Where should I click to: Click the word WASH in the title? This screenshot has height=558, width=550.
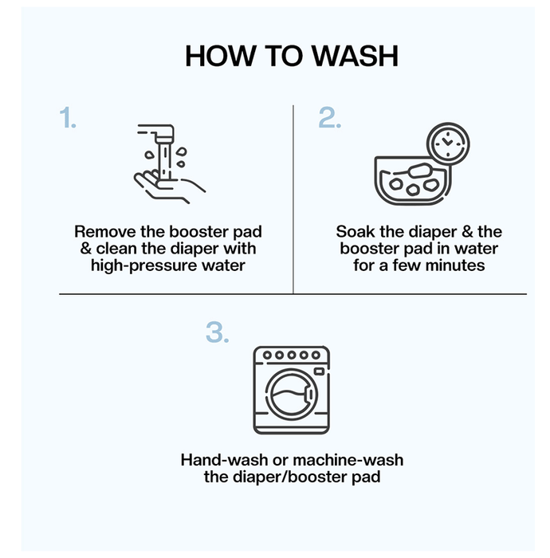click(x=355, y=56)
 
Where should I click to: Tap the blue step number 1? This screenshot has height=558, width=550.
click(x=68, y=117)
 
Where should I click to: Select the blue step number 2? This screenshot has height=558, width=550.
click(x=329, y=117)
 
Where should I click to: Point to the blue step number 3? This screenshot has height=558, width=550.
click(x=218, y=332)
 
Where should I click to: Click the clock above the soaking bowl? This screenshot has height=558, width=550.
click(x=448, y=143)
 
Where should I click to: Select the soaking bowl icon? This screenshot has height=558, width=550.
click(x=413, y=180)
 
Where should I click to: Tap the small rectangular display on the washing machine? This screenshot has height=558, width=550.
click(x=319, y=371)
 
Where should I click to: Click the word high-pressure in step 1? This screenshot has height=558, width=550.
click(x=143, y=265)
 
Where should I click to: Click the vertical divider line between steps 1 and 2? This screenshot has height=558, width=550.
click(x=293, y=199)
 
